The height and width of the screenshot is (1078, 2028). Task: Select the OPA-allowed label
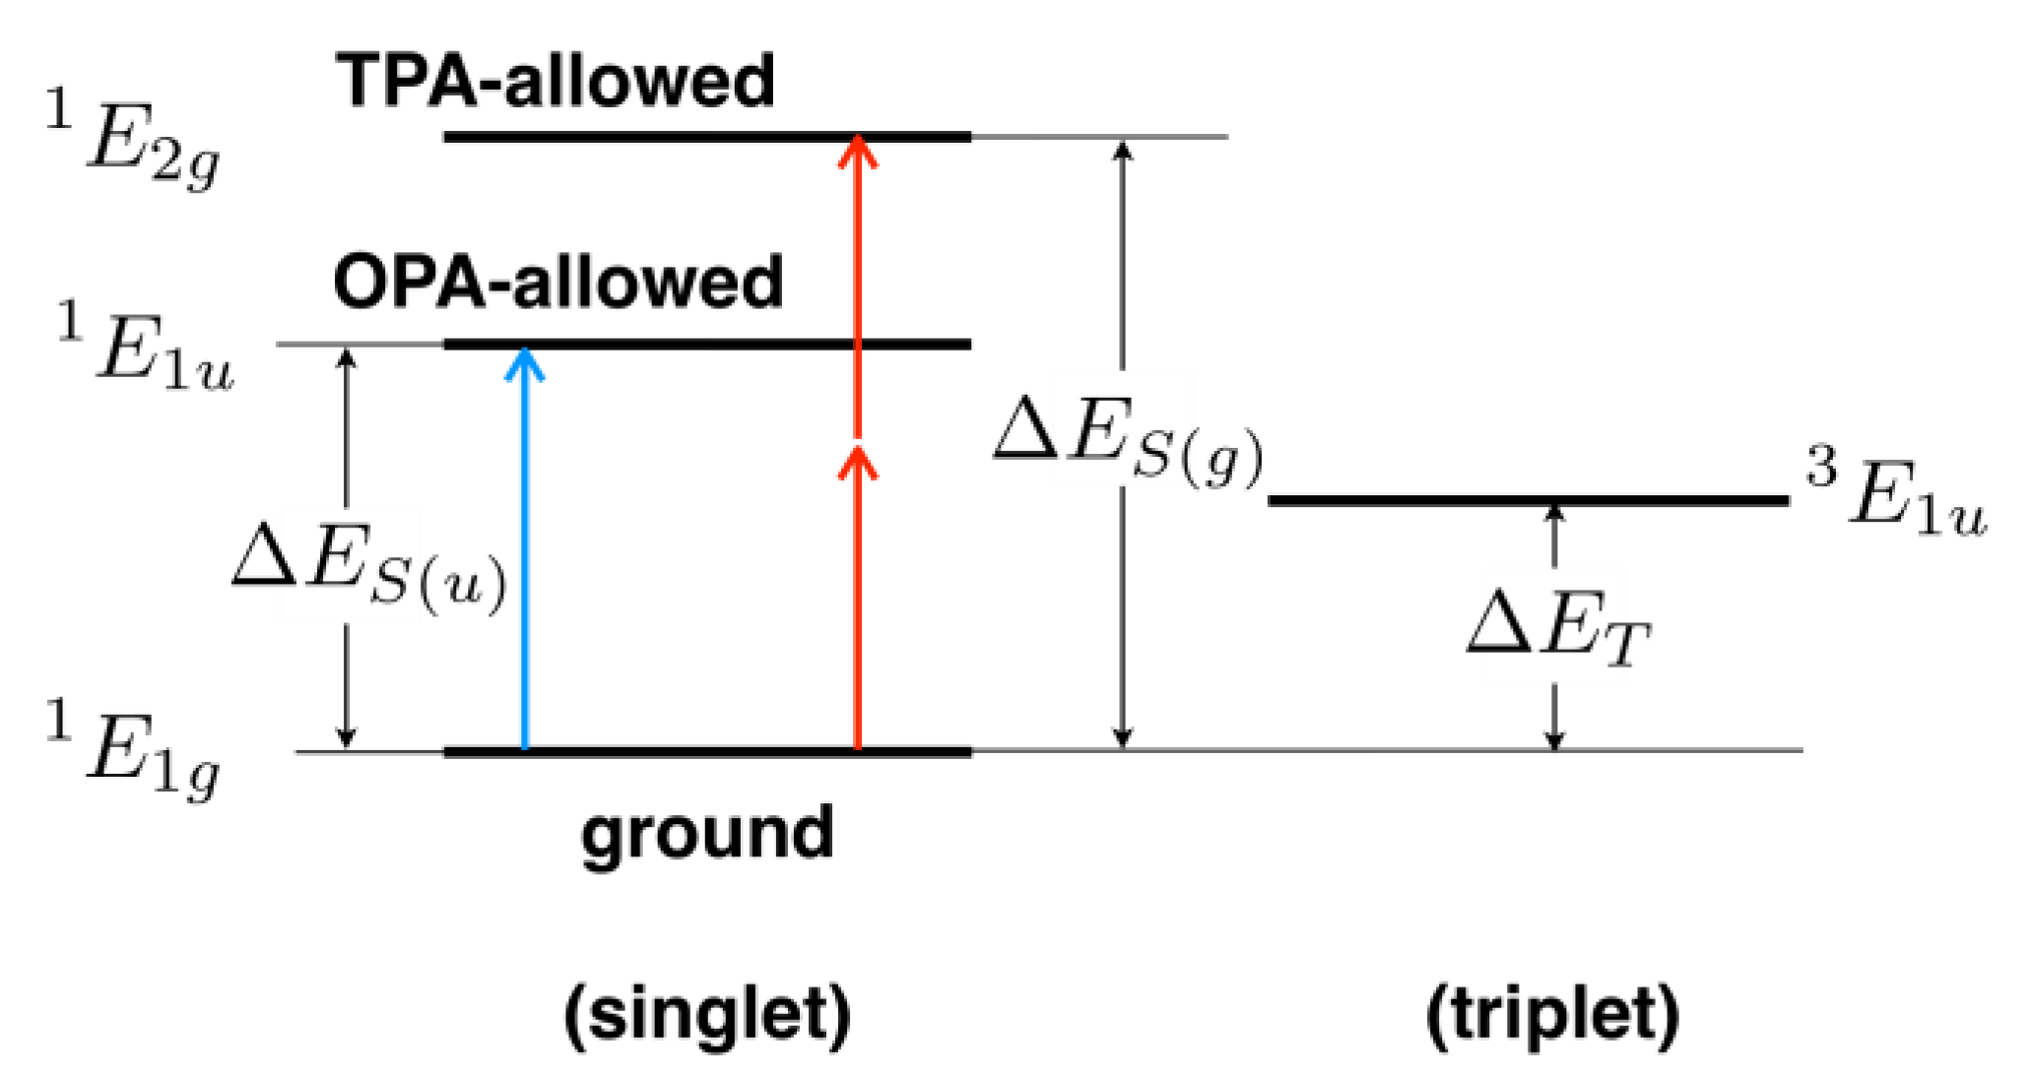558,283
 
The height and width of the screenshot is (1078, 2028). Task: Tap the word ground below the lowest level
707,834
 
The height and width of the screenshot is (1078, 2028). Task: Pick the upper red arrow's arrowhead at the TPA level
858,151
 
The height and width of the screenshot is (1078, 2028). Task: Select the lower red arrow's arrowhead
858,461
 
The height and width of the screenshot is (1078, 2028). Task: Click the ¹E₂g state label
134,144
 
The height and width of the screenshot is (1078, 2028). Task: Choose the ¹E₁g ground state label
134,756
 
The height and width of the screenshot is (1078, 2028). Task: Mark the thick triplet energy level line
1527,501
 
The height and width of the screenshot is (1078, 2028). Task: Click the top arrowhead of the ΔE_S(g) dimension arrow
1122,150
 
